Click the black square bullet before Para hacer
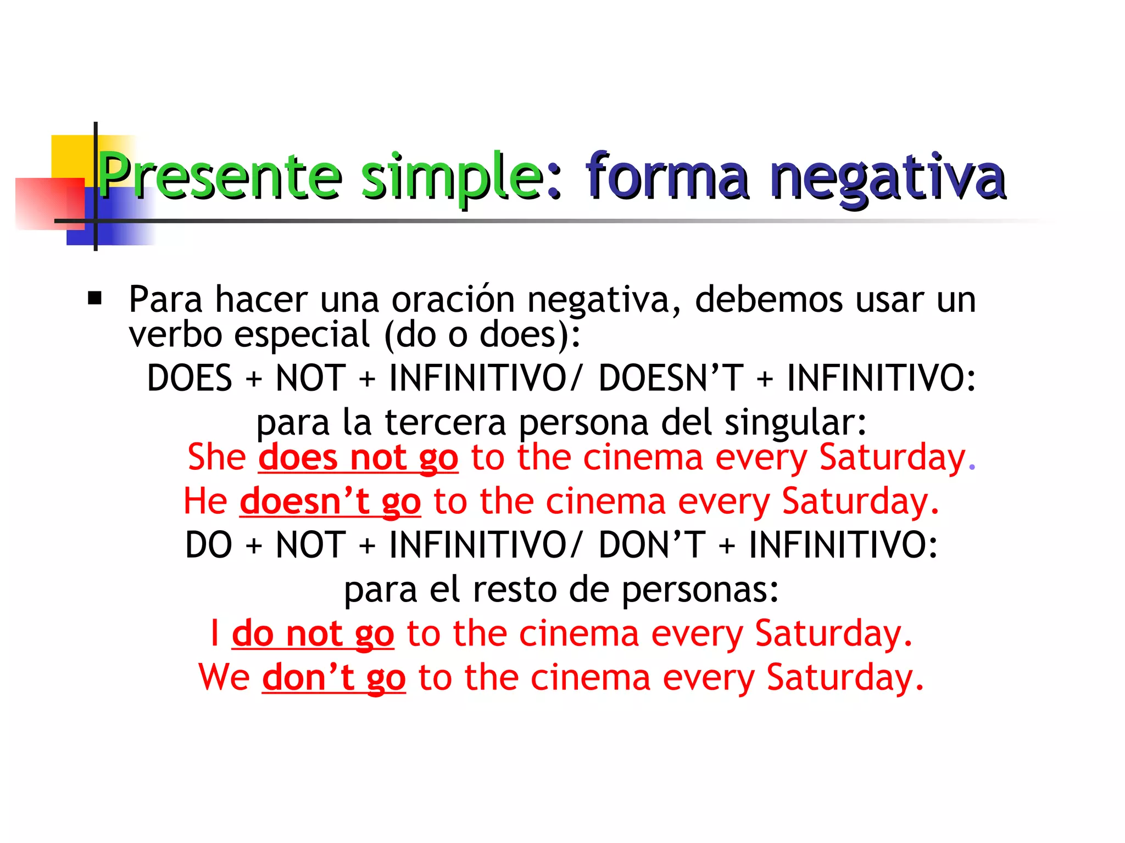[x=95, y=299]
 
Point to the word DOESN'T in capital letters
[x=671, y=378]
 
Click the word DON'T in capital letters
[x=651, y=544]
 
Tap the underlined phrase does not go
[x=358, y=458]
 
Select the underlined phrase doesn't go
[x=330, y=502]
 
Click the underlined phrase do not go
[x=313, y=634]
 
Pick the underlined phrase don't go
[x=333, y=678]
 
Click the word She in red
[x=216, y=457]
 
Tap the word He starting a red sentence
[x=205, y=501]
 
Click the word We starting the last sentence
[x=224, y=677]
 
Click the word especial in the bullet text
[x=302, y=335]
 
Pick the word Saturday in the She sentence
[x=892, y=457]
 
